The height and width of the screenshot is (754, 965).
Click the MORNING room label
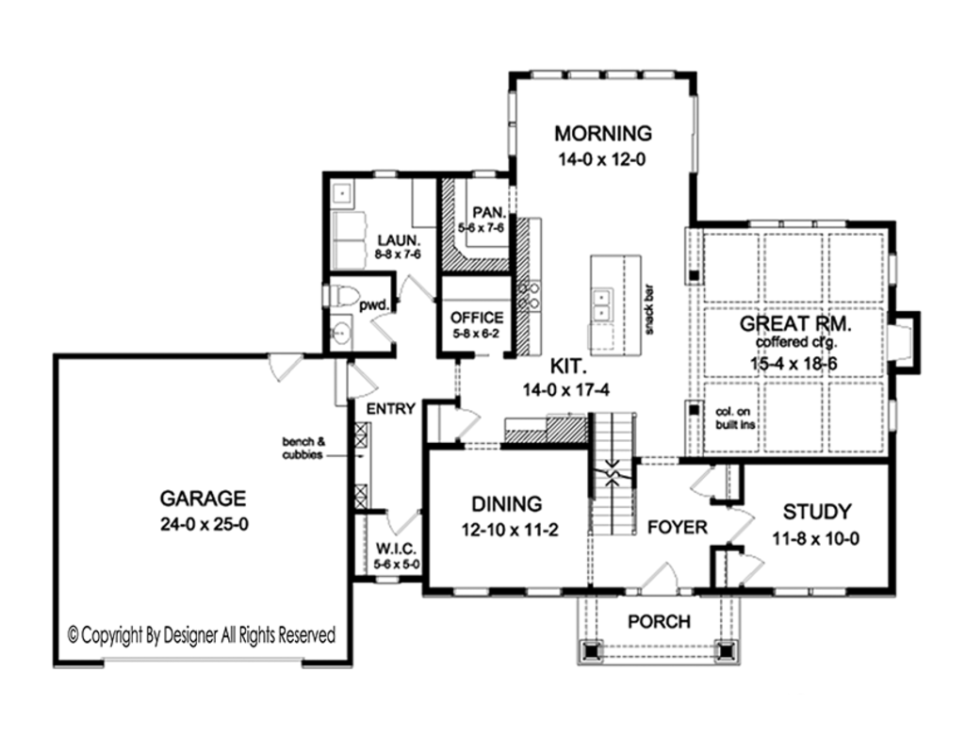(602, 132)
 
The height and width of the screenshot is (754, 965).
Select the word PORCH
(659, 622)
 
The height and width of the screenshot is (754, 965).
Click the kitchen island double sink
(600, 304)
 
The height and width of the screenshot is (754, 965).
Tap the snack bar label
(649, 308)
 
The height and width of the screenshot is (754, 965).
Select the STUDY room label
(816, 512)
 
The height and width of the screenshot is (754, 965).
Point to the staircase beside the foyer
(613, 481)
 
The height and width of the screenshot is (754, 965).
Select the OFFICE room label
(477, 318)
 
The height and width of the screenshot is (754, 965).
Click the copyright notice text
(202, 635)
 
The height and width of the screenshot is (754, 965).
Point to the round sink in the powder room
(341, 333)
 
